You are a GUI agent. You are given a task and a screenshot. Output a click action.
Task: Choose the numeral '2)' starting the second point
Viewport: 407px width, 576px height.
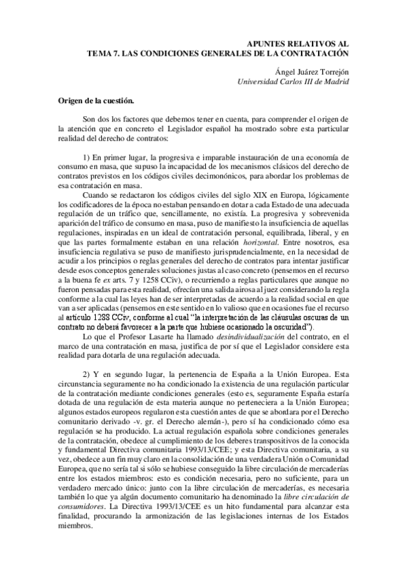86,374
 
